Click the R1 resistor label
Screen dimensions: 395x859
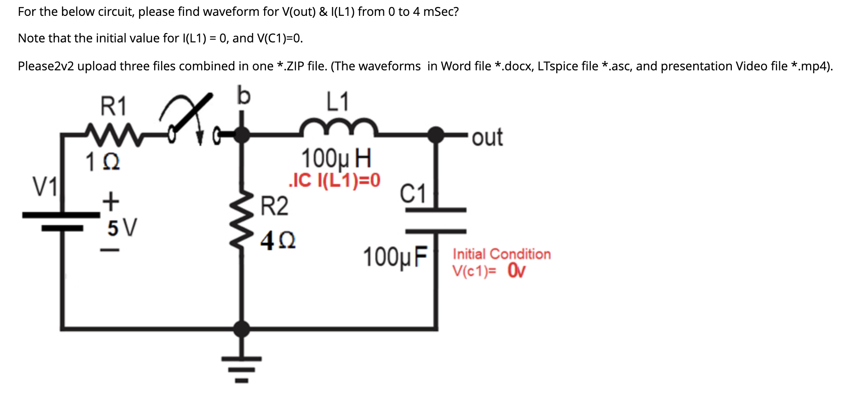click(114, 106)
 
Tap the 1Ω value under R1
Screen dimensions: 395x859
click(103, 163)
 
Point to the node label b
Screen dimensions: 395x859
click(243, 95)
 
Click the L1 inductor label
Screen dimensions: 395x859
click(338, 102)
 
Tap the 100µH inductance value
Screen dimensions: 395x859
click(336, 158)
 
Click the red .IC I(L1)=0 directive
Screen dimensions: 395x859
click(334, 180)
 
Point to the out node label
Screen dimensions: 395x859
click(487, 137)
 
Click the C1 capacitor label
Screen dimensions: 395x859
click(413, 193)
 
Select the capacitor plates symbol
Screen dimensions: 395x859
click(436, 220)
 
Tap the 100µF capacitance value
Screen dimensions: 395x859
click(395, 257)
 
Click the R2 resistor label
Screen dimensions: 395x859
click(274, 206)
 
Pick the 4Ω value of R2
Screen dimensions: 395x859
click(278, 241)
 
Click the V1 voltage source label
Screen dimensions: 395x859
click(45, 187)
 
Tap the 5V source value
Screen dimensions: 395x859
click(122, 228)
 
